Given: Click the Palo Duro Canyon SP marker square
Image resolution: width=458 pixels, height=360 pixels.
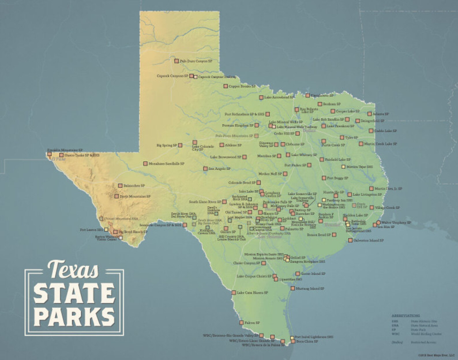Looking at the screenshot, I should point(177,61).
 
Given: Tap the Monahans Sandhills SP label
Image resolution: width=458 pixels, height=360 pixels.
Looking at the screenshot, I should point(166,164).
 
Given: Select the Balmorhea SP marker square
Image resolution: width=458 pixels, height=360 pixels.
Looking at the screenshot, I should point(120,186).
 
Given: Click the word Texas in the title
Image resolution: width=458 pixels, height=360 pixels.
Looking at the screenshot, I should point(74,269).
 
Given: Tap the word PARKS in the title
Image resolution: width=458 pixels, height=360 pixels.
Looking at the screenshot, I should point(74,317).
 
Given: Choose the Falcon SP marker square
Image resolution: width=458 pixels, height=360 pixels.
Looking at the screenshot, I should point(241,322).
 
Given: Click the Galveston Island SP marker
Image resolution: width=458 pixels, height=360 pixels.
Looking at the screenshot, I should point(350,240).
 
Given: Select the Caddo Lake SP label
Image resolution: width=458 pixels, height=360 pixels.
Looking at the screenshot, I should point(385,131).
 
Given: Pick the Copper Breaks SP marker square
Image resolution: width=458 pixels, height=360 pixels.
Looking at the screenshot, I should point(226,86).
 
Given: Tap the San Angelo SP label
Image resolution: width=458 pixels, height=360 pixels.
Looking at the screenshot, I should point(219,169).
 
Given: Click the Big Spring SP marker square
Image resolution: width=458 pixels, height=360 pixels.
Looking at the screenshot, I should point(180,145).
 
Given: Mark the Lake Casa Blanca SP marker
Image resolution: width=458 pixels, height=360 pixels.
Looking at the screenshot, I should point(234,292).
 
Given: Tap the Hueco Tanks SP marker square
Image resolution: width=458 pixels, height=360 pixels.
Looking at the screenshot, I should point(61,155).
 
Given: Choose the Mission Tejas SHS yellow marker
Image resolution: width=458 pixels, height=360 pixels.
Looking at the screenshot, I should point(343,167).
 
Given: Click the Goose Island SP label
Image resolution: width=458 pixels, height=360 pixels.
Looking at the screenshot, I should point(313,274).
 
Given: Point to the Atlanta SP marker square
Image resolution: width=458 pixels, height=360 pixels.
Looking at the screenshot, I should point(369,114).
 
